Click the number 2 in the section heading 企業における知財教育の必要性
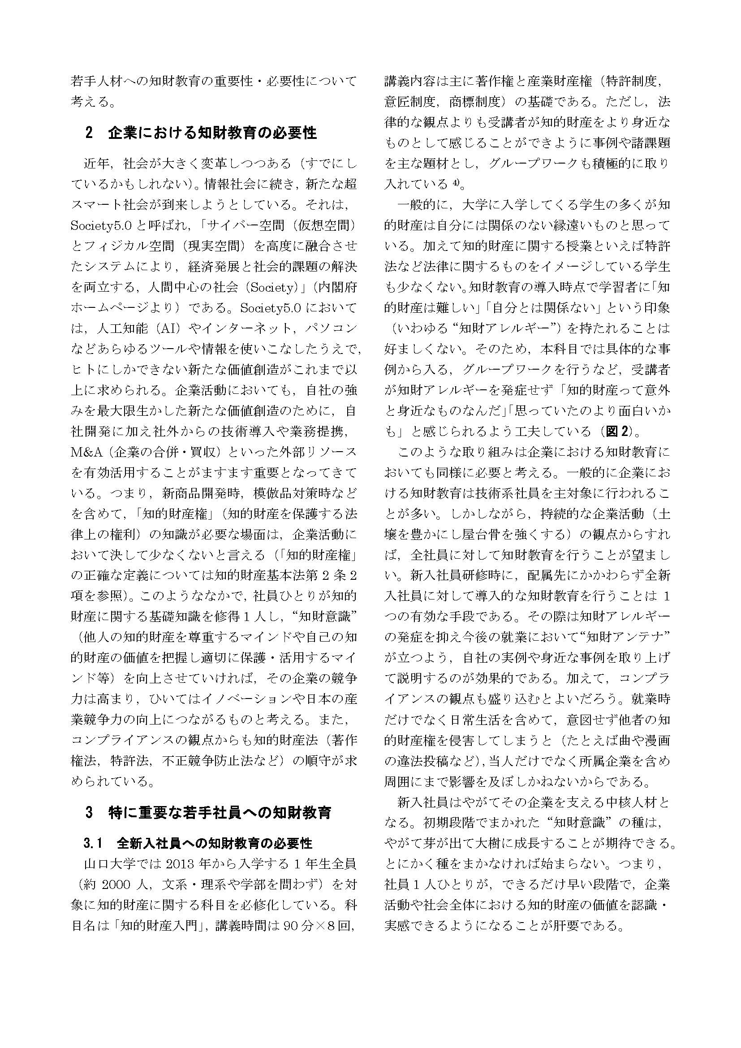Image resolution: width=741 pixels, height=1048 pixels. (89, 133)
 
